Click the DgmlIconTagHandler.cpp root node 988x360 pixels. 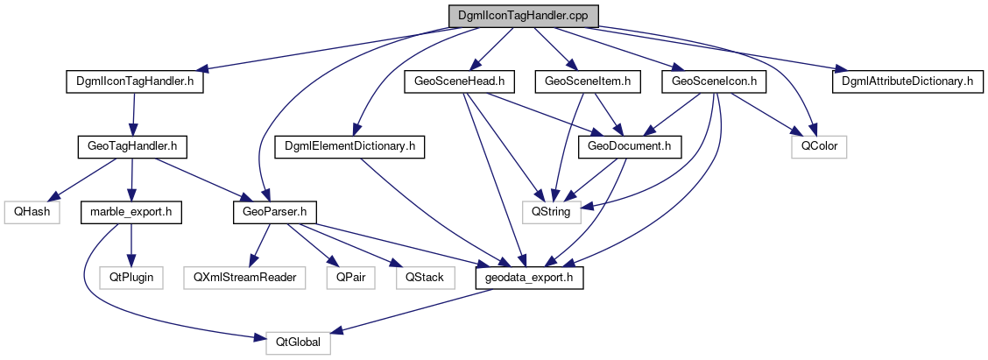(x=523, y=17)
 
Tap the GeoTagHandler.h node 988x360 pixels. (x=131, y=146)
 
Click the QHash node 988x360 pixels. (x=31, y=212)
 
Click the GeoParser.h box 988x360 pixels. (x=273, y=212)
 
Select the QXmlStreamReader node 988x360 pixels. (x=244, y=278)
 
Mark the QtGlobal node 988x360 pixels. (x=299, y=342)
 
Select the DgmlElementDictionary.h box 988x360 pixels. (x=349, y=146)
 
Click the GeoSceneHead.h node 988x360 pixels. (x=459, y=81)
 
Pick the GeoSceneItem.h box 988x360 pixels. (x=593, y=81)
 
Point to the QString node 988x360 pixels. (x=547, y=212)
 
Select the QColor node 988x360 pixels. (x=819, y=146)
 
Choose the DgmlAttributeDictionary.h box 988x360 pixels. (x=907, y=81)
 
